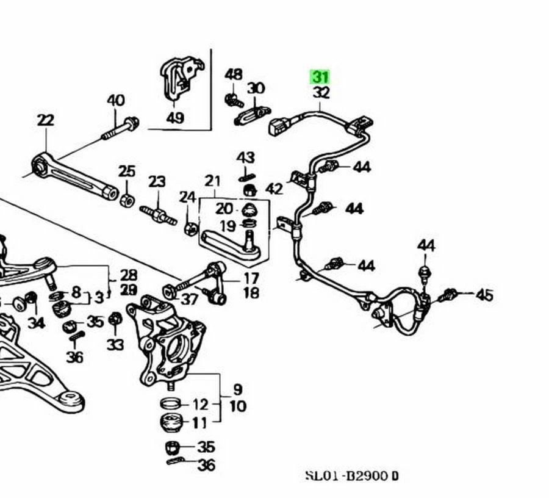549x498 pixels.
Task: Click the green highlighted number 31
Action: click(320, 77)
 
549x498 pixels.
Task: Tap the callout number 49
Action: click(174, 117)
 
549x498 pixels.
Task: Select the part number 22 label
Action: click(45, 120)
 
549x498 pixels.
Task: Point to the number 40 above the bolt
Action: click(116, 101)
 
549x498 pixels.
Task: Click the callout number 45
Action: click(484, 295)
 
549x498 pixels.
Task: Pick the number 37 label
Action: click(190, 299)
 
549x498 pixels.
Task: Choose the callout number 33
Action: click(115, 345)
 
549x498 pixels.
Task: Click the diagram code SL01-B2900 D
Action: click(352, 475)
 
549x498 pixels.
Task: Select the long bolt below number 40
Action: click(120, 128)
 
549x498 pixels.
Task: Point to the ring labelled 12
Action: click(171, 403)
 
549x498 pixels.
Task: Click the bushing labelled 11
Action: click(171, 422)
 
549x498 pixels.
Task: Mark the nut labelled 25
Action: click(127, 199)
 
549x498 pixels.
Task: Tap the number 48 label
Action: click(234, 74)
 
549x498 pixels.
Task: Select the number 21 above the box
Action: click(212, 181)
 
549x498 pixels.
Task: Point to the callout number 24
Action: click(187, 197)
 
